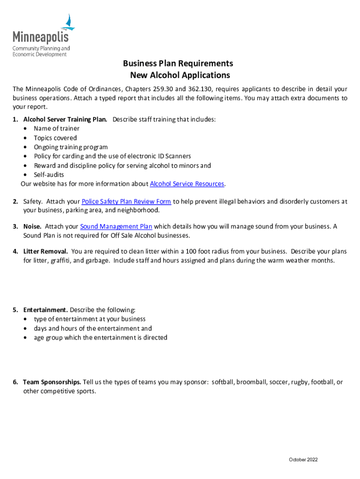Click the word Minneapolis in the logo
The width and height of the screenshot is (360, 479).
pos(40,37)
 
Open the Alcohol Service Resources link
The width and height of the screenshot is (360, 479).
pos(187,184)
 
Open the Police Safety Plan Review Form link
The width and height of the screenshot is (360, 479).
pos(126,202)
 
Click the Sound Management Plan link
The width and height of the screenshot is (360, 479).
pos(116,226)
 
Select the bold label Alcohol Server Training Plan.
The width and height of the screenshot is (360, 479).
pos(65,119)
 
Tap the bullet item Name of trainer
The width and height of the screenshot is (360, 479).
pos(57,129)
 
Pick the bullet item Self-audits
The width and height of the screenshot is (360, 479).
pos(49,174)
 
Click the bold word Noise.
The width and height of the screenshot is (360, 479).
pos(32,226)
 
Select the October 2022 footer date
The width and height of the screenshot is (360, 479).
pos(303,460)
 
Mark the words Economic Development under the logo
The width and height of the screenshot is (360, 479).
pos(39,55)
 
